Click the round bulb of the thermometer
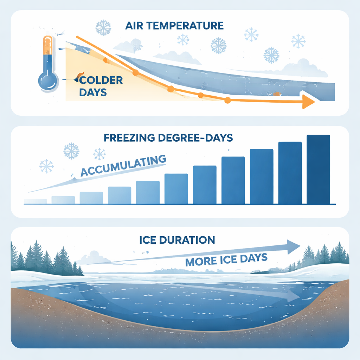coord(47,81)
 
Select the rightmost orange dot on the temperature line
coord(227,101)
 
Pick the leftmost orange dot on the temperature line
coord(105,60)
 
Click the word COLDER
coord(101,81)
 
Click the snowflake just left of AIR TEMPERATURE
coord(104,27)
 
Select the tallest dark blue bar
coord(318,169)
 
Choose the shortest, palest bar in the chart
coord(35,201)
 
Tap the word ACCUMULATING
coord(123,166)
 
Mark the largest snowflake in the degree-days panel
coord(71,151)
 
